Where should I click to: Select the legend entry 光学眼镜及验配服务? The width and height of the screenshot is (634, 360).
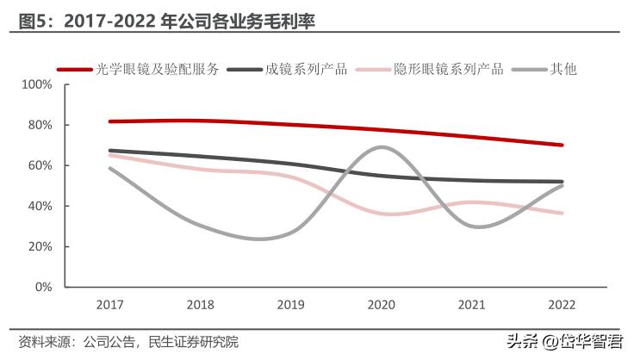(x=158, y=69)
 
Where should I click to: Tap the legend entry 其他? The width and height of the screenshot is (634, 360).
(x=563, y=69)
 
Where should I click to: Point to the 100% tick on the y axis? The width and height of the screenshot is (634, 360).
(x=37, y=84)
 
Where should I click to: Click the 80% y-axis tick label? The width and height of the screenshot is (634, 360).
(x=40, y=125)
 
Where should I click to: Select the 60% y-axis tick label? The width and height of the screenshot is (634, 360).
(x=40, y=165)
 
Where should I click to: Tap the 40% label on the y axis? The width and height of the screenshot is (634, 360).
(x=40, y=206)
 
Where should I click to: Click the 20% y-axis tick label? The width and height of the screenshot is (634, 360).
(x=40, y=246)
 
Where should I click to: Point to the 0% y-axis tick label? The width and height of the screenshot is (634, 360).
(x=43, y=287)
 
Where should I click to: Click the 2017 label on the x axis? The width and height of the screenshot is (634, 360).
(x=109, y=305)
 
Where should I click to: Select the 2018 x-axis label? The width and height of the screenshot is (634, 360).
(x=200, y=305)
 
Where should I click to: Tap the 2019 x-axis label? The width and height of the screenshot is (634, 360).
(x=290, y=305)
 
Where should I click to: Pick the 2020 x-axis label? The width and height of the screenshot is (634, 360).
(x=381, y=305)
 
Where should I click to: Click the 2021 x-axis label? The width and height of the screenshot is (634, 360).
(x=471, y=305)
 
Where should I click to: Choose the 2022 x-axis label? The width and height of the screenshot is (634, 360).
(x=562, y=305)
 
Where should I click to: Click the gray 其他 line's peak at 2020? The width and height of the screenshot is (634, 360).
(x=382, y=147)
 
